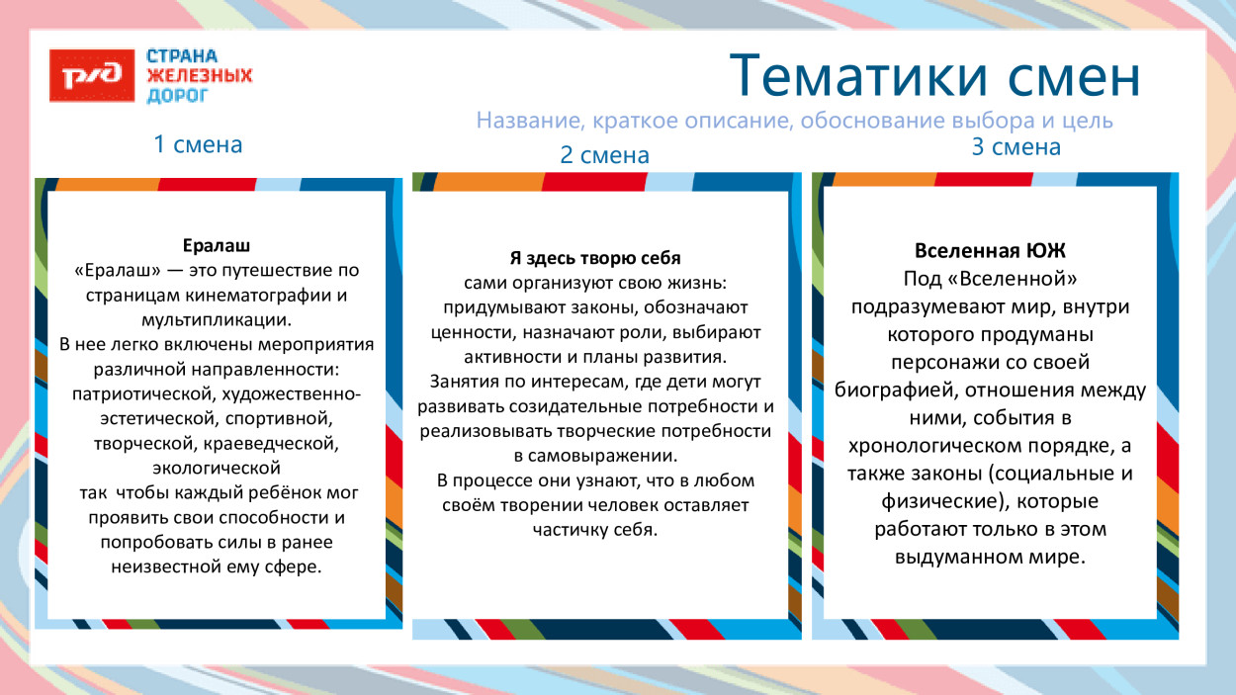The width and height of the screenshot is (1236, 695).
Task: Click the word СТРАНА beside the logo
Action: click(182, 55)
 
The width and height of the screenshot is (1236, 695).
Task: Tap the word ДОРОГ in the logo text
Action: click(178, 96)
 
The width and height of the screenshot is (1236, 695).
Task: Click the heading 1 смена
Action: click(198, 144)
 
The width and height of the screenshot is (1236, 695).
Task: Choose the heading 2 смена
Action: click(604, 155)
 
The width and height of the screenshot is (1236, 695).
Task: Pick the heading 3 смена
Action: click(1015, 147)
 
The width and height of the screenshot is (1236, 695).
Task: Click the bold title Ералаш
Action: click(217, 244)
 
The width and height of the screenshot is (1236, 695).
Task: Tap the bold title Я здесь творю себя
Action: click(595, 258)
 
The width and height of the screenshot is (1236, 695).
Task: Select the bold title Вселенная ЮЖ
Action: click(989, 250)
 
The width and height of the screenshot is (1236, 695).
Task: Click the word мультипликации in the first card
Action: click(217, 319)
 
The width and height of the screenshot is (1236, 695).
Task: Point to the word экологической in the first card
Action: click(217, 468)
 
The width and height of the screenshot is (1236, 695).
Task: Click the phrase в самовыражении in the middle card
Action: click(595, 456)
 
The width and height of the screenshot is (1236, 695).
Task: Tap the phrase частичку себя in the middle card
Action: click(595, 530)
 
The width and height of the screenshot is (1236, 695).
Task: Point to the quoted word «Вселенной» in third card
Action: click(1018, 279)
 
